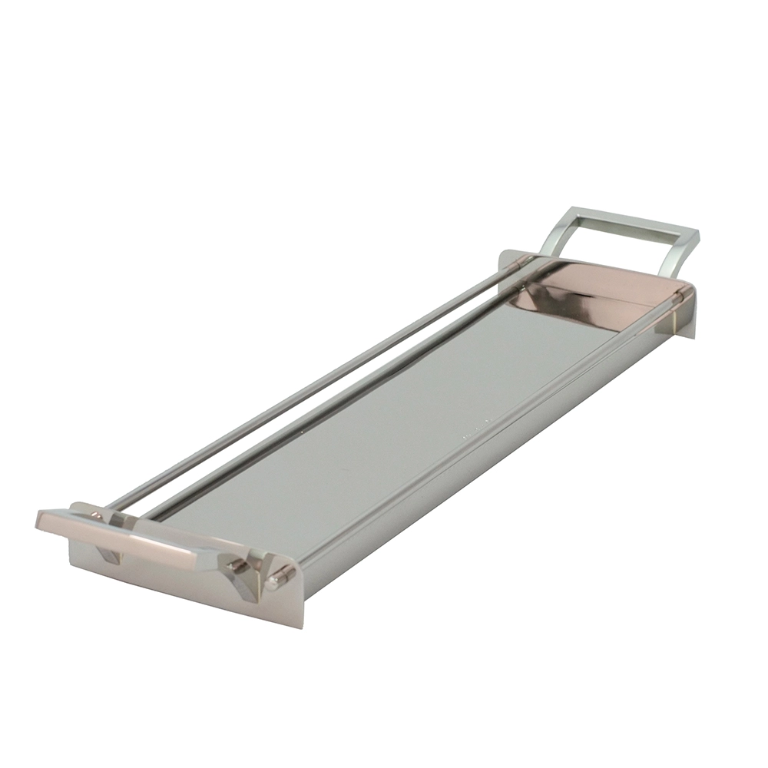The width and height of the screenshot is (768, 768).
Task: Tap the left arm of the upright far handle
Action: pyautogui.click(x=558, y=233)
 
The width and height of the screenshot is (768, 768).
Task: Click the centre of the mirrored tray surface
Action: pyautogui.click(x=399, y=430)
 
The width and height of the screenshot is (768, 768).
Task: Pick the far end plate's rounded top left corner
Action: pyautogui.click(x=503, y=254)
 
